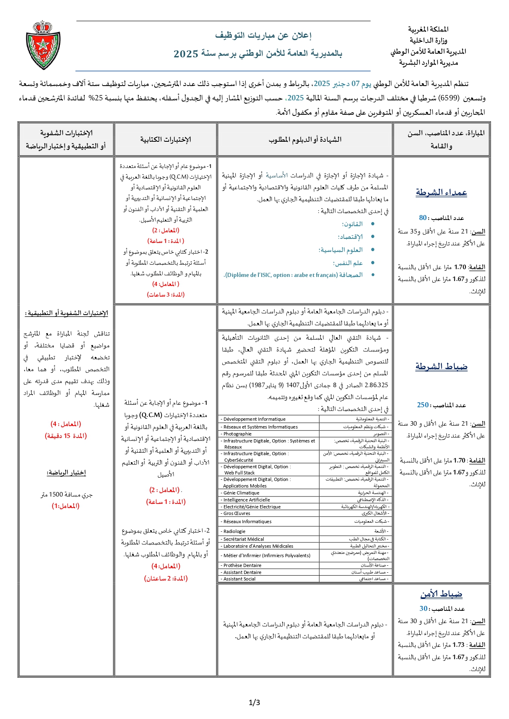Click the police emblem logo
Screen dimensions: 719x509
(x=43, y=45)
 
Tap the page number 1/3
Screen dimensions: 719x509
(x=254, y=702)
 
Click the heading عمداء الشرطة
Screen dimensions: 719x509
(x=441, y=192)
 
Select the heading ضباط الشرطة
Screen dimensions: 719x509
(x=441, y=366)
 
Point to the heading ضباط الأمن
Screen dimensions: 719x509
(x=441, y=594)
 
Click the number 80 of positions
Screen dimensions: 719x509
(x=423, y=218)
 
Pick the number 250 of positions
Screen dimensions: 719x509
(x=423, y=405)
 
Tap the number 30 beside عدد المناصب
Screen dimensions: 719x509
(x=423, y=608)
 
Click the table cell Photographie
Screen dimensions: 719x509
(x=237, y=434)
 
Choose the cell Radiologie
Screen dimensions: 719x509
(x=235, y=531)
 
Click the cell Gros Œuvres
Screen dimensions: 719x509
(x=237, y=513)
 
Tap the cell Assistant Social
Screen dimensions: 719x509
(x=239, y=579)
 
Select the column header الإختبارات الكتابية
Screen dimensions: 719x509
(x=166, y=139)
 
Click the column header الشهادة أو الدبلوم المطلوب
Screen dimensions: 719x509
(x=305, y=139)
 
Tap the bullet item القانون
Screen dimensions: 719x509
(x=352, y=224)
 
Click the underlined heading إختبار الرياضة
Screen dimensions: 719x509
(x=66, y=472)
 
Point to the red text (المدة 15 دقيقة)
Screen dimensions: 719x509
(x=66, y=436)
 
